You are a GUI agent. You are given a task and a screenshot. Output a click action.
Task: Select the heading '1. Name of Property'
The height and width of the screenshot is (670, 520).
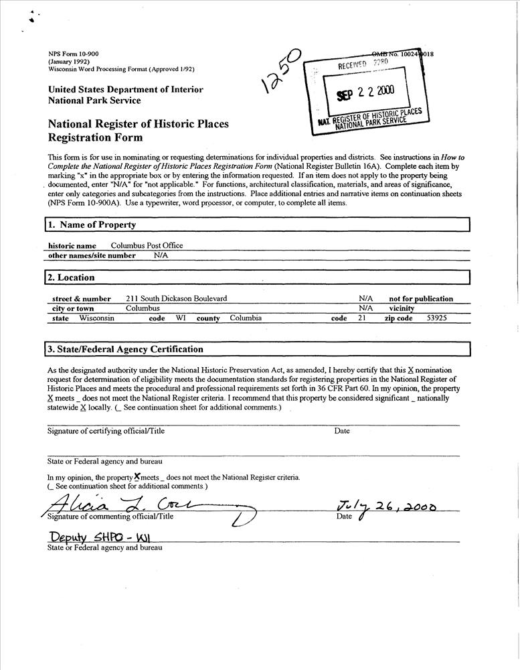pyautogui.click(x=90, y=225)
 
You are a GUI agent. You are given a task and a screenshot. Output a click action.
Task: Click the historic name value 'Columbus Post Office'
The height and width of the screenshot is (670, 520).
pyautogui.click(x=147, y=246)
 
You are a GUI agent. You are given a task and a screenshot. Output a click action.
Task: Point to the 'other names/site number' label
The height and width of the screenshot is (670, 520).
pyautogui.click(x=92, y=255)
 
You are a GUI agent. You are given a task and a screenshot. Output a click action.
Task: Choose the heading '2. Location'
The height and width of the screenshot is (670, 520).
pyautogui.click(x=71, y=277)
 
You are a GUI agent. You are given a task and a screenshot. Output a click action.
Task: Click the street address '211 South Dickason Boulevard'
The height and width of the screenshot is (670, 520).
pyautogui.click(x=176, y=299)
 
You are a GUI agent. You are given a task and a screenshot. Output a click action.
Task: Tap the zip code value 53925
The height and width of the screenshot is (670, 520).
pyautogui.click(x=437, y=318)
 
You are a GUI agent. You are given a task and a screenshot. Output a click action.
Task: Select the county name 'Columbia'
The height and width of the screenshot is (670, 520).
pyautogui.click(x=246, y=318)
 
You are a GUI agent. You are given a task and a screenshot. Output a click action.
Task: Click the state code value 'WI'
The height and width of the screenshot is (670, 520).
pyautogui.click(x=181, y=318)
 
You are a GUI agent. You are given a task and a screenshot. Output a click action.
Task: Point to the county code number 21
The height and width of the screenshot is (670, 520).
pyautogui.click(x=361, y=318)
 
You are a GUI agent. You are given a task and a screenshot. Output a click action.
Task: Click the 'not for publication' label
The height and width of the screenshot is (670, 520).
pyautogui.click(x=421, y=299)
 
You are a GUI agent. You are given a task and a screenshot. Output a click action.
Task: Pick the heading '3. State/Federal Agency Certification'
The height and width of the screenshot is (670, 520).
pyautogui.click(x=125, y=349)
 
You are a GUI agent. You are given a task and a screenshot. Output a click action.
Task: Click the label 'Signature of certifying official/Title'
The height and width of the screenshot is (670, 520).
pyautogui.click(x=106, y=431)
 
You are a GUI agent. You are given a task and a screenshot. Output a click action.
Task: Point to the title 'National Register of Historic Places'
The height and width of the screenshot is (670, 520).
pyautogui.click(x=138, y=125)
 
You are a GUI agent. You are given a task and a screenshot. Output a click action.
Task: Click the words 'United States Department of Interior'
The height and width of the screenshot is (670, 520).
pyautogui.click(x=125, y=90)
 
